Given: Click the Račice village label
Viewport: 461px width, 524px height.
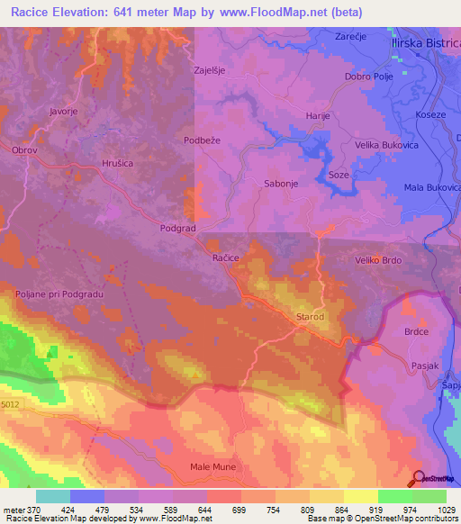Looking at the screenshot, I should point(225,257).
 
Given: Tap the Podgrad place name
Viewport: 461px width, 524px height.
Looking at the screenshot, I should point(177,229).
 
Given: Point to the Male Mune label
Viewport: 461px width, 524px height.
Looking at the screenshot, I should point(212,466).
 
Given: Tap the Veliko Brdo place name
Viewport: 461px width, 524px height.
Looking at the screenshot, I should point(377,260).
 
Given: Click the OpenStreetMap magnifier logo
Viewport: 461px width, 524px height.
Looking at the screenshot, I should point(419,478).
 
